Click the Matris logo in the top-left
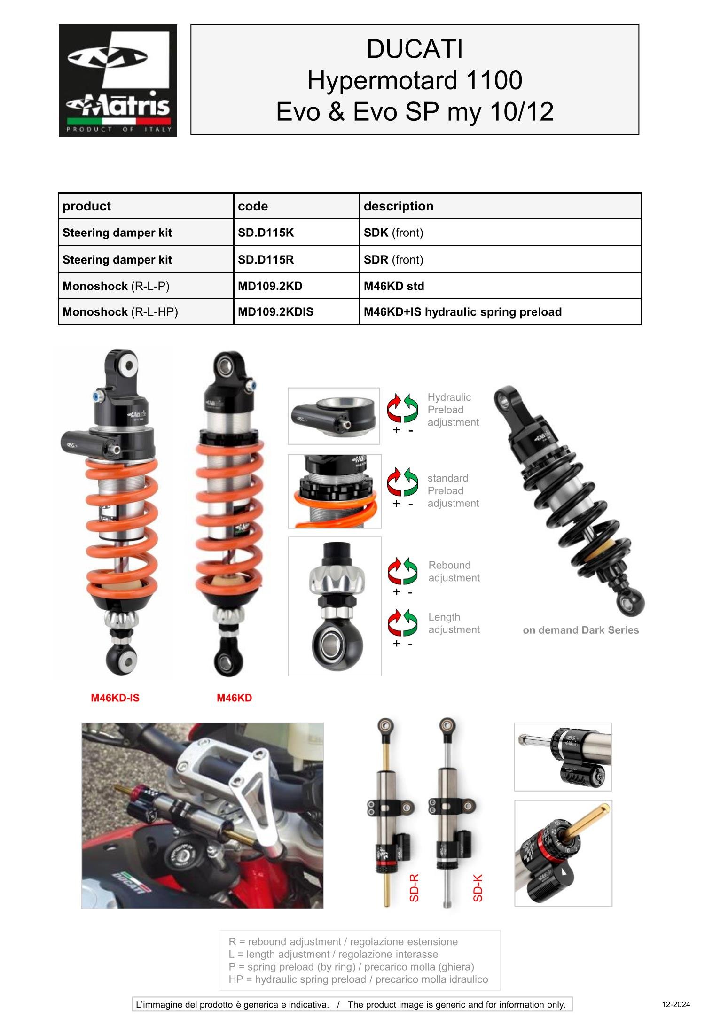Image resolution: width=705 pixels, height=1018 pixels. (117, 81)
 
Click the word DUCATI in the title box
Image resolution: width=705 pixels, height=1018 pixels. (415, 49)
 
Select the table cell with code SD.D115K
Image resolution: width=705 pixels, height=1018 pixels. (266, 233)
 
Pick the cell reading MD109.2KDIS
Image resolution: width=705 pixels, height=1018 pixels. (275, 312)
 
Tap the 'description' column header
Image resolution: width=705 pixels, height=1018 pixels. (399, 206)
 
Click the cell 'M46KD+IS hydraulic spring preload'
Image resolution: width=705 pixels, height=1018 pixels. (462, 312)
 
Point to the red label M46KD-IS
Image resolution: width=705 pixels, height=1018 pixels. (115, 698)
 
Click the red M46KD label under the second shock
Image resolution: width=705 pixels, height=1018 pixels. (234, 698)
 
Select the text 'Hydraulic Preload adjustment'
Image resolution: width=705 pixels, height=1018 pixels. (453, 410)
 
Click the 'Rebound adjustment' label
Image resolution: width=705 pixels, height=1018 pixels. (454, 572)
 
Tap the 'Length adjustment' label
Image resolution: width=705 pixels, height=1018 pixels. (454, 623)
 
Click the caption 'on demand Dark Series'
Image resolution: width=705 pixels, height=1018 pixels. (580, 630)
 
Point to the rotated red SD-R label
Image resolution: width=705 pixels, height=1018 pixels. (414, 888)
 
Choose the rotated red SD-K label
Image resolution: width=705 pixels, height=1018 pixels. (478, 888)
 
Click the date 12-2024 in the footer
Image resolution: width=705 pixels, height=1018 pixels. (676, 1005)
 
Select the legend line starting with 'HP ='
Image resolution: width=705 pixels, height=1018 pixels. (358, 979)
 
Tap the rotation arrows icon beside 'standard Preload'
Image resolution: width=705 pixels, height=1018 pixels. (402, 482)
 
